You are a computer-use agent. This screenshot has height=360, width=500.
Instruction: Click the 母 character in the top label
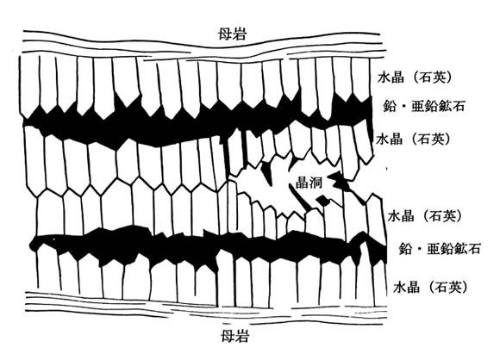pos(224,34)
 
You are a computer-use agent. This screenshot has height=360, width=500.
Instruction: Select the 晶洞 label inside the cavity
pos(309,183)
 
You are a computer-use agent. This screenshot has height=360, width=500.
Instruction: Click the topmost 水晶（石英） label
pos(415,78)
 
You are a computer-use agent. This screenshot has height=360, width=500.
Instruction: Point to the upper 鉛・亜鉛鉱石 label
pos(423,106)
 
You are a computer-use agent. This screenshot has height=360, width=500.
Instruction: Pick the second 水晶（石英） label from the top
pos(414,140)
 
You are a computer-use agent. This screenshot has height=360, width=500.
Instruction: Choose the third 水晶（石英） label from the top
pos(425,216)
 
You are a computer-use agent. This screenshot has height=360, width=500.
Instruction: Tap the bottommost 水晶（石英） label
pos(430,288)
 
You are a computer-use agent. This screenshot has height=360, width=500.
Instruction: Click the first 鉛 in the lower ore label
pos(406,249)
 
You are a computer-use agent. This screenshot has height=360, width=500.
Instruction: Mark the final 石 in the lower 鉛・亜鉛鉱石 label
pos(473,249)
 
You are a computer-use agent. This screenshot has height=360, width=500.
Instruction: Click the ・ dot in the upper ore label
pos(403,107)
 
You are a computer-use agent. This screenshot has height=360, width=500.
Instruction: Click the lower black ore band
pos(207,246)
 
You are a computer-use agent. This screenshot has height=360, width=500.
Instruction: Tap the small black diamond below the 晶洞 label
pos(322,201)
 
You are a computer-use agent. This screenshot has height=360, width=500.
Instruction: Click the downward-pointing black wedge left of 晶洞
pos(266,172)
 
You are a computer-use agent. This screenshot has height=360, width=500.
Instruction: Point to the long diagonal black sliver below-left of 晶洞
pos(302,199)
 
